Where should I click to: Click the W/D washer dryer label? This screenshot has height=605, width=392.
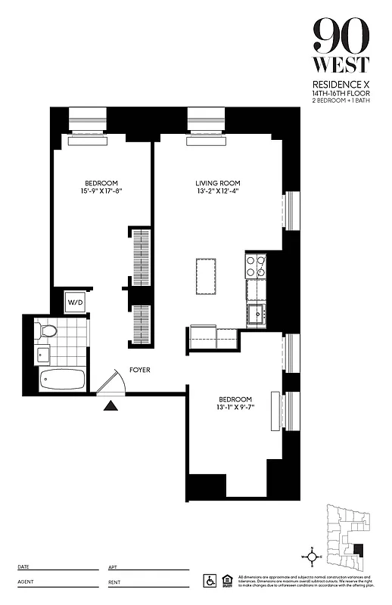(x=75, y=302)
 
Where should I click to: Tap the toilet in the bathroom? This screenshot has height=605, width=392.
(x=46, y=330)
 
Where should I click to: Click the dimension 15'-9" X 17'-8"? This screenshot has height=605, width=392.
(x=101, y=191)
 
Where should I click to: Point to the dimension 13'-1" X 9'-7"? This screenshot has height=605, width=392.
(x=235, y=408)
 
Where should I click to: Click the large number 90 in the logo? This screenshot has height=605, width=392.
(x=341, y=34)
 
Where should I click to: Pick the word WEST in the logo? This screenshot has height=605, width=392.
(x=341, y=64)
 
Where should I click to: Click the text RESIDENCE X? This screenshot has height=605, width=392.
(x=341, y=83)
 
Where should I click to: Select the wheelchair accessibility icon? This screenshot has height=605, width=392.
(x=210, y=580)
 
